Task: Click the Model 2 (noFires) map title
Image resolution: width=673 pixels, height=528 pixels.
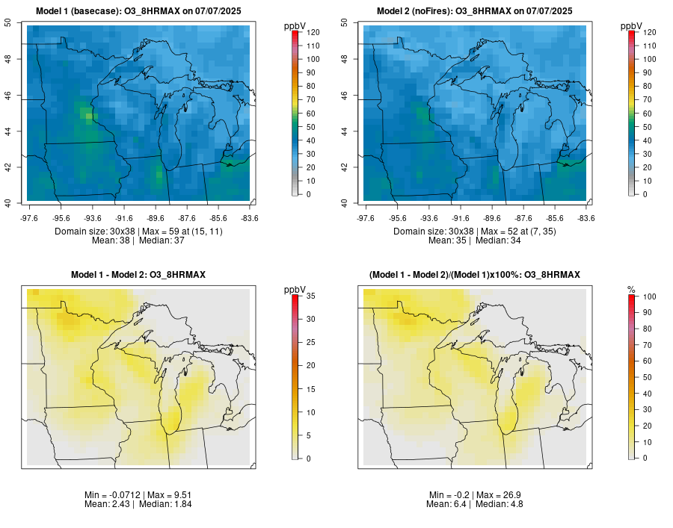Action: [x=475, y=10]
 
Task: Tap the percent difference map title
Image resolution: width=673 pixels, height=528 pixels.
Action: [x=475, y=275]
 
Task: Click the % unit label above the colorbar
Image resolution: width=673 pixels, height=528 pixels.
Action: [x=631, y=289]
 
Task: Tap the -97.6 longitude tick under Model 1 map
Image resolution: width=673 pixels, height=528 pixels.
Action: [x=29, y=218]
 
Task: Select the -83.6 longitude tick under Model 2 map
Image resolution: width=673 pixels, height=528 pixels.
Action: [x=586, y=218]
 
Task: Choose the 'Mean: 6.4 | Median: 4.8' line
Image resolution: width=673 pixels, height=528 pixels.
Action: [x=475, y=504]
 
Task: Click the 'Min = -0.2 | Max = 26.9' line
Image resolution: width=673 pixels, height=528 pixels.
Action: [x=475, y=495]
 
